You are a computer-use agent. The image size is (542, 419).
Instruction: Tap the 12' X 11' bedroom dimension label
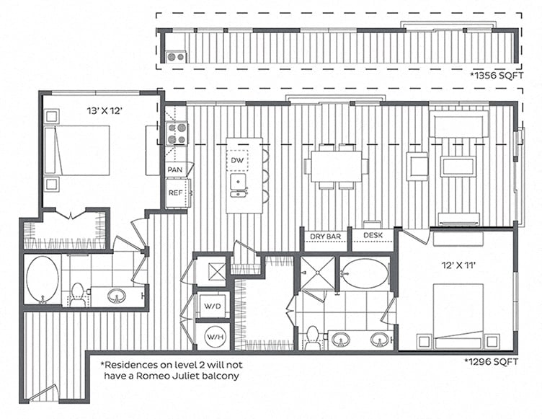[458, 264]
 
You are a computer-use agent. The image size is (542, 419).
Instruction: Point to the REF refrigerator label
[175, 193]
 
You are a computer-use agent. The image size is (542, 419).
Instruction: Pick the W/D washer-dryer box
[211, 305]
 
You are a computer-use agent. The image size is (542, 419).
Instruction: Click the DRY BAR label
[325, 236]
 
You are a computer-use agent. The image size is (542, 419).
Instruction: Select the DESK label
[373, 236]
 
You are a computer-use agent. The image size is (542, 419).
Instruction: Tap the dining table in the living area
[336, 166]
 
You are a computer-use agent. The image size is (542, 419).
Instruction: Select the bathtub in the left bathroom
[43, 279]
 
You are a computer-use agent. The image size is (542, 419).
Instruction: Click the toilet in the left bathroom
[77, 294]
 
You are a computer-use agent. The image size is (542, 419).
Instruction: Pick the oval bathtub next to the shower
[365, 274]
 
